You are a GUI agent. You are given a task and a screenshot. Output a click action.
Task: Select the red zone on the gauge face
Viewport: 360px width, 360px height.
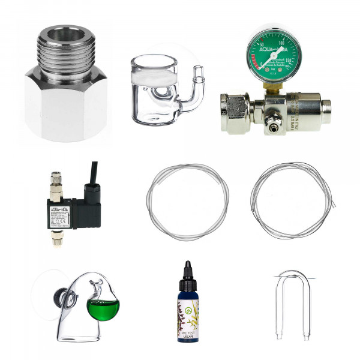point(256,62)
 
